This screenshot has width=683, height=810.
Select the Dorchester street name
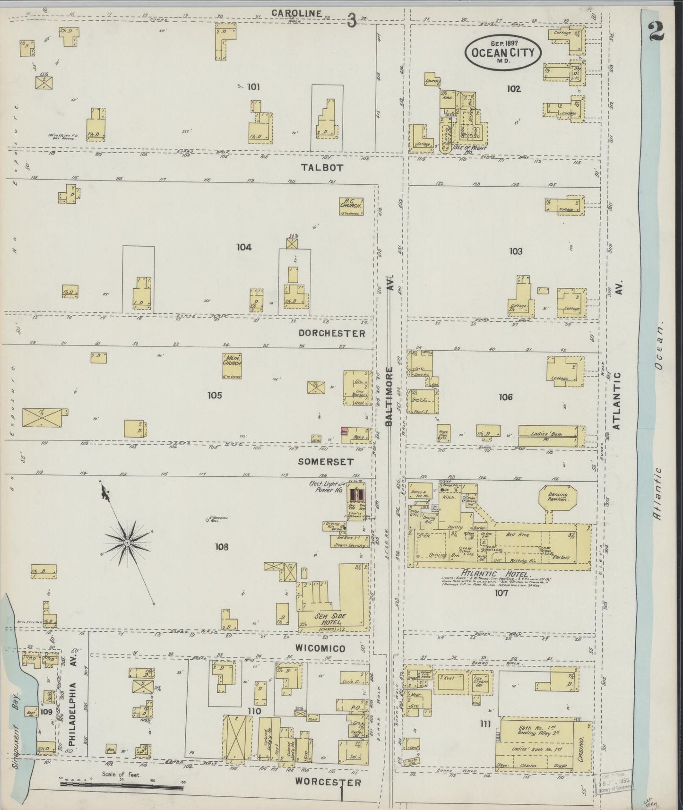pyautogui.click(x=332, y=334)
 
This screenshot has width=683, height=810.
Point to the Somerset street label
pyautogui.click(x=326, y=461)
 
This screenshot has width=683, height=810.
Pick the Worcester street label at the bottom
pyautogui.click(x=328, y=782)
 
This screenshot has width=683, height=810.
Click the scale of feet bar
pyautogui.click(x=121, y=784)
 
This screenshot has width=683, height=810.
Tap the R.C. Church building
pyautogui.click(x=351, y=206)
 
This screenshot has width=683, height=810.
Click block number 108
pyautogui.click(x=221, y=547)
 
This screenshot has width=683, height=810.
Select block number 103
pyautogui.click(x=516, y=251)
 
